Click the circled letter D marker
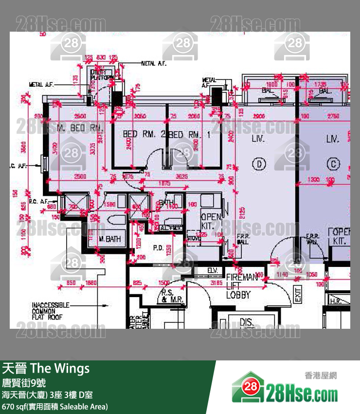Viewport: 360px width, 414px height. [x=259, y=165]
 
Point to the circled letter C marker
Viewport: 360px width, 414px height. [x=333, y=165]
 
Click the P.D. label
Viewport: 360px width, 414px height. [x=158, y=247]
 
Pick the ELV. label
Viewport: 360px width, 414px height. [x=213, y=270]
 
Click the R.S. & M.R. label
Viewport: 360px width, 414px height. [x=172, y=296]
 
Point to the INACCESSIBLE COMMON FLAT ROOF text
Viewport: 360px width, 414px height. [x=50, y=311]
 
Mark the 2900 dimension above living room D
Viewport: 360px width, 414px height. [x=259, y=117]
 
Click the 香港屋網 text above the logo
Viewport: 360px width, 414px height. [x=320, y=376]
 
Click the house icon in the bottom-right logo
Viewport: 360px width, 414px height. [x=248, y=388]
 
